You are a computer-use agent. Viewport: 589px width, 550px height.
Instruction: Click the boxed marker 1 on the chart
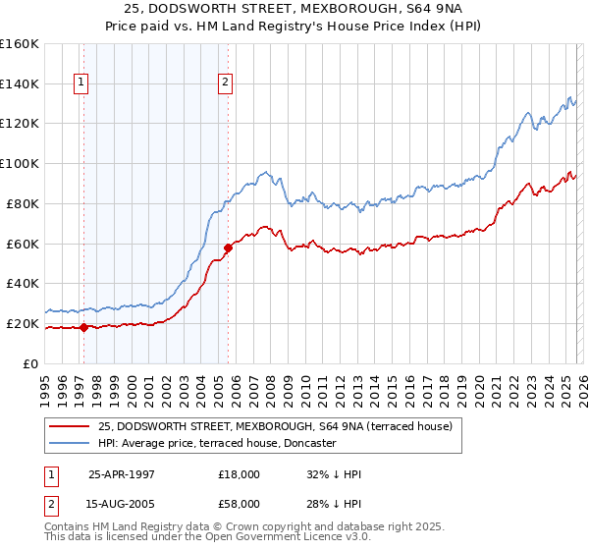[80, 83]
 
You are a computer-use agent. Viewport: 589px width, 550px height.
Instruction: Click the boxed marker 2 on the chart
[225, 83]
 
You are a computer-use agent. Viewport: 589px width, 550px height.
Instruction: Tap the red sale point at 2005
[228, 247]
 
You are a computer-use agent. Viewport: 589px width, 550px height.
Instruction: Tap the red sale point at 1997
[83, 327]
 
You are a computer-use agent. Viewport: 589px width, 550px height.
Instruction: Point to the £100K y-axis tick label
[20, 163]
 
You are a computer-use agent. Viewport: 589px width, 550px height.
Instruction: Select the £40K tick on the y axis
[23, 283]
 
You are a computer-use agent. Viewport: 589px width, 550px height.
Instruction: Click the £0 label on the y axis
[31, 363]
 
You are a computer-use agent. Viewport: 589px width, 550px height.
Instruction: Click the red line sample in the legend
[69, 426]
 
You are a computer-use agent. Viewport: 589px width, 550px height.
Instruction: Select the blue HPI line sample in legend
[69, 443]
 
